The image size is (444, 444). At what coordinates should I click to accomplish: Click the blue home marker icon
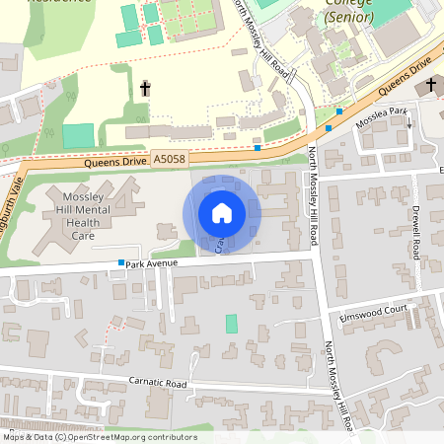click(x=222, y=213)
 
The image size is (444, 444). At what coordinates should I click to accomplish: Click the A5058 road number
click(x=167, y=157)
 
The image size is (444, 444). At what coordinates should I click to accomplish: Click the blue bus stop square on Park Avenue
click(x=121, y=263)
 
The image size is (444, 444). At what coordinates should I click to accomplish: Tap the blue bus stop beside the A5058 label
click(x=257, y=148)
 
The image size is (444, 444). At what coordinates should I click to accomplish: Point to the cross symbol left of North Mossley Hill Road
click(x=145, y=89)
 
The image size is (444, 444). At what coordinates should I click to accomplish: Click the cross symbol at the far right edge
click(x=431, y=87)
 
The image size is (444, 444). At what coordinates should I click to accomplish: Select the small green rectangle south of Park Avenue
click(x=232, y=323)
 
